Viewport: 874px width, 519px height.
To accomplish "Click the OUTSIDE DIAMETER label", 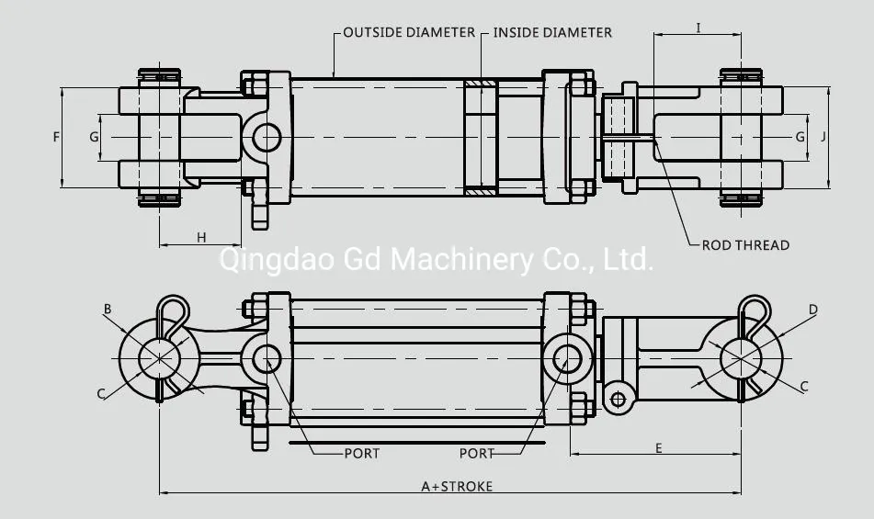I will [409, 32].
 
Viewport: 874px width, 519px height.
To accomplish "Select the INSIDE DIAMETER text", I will [552, 32].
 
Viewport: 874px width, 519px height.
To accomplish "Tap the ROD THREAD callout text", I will [745, 245].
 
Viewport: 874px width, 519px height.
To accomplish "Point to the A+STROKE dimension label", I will [457, 486].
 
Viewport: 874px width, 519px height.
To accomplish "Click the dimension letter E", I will [659, 447].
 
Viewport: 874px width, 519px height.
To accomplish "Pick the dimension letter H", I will [201, 238].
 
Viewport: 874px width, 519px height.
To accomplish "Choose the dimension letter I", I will [698, 28].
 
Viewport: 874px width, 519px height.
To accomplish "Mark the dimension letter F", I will [56, 137].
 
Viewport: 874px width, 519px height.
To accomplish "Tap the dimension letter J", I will [824, 136].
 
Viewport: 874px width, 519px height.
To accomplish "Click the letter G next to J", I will [800, 136].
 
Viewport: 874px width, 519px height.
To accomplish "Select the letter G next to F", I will [94, 137].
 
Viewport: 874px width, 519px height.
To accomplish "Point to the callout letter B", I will [108, 310].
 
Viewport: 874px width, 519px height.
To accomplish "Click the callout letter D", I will [812, 310].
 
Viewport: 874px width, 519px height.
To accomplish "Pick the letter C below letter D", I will [804, 387].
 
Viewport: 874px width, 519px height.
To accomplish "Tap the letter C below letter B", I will [101, 394].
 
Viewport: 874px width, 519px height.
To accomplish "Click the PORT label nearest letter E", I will [477, 453].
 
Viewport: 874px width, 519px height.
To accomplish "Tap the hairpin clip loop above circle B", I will [172, 307].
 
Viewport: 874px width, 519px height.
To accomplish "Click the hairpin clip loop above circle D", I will [755, 308].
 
